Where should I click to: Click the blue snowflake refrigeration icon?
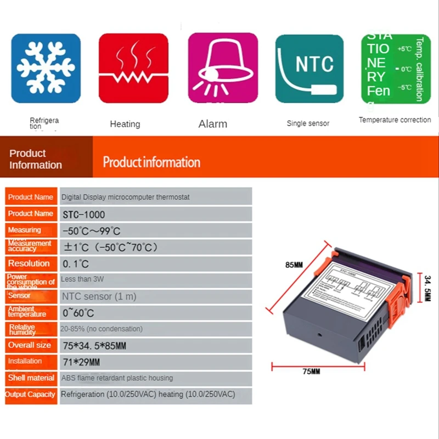point(46,68)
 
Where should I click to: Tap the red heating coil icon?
point(133,68)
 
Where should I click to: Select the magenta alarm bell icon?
point(222,68)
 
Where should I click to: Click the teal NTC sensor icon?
point(309,68)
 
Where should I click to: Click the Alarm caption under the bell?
point(212,124)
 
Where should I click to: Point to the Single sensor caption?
point(308,123)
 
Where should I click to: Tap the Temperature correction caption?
point(395,120)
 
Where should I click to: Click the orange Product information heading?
point(151,162)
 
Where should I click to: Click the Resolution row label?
point(29,263)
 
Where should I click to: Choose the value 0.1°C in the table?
point(76,263)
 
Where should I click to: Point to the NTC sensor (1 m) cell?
point(99,296)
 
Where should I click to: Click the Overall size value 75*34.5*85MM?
point(94,346)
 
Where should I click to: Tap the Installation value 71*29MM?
point(81,362)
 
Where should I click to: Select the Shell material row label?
point(31,378)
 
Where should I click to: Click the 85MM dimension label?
point(294,265)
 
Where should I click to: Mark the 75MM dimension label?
point(311,372)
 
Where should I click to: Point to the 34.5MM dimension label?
point(427,288)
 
